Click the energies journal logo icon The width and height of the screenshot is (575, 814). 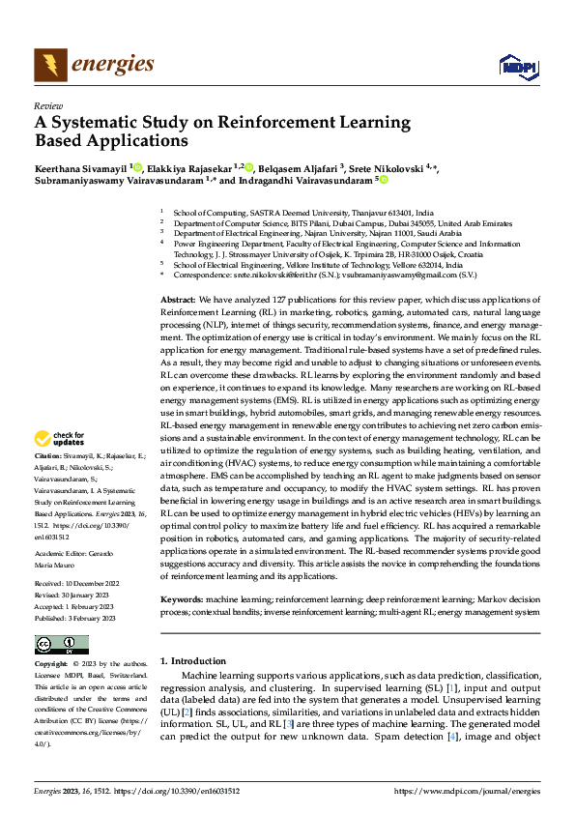(47, 65)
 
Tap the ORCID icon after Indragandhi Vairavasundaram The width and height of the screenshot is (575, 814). (384, 180)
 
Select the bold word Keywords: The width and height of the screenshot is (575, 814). (181, 599)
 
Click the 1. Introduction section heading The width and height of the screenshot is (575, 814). (192, 660)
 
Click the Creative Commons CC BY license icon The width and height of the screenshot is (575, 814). (61, 644)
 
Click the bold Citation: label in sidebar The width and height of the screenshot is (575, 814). (47, 454)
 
